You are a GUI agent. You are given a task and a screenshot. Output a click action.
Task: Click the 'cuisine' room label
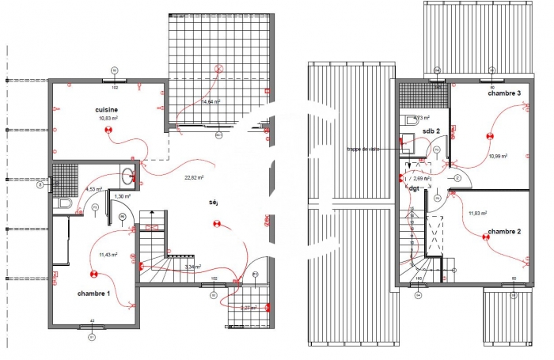[x=107, y=109]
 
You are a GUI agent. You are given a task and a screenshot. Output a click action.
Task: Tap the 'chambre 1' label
[x=93, y=293]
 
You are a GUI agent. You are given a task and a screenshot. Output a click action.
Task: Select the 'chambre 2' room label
[x=504, y=231]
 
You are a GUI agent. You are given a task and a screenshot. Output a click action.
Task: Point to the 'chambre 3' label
[x=504, y=93]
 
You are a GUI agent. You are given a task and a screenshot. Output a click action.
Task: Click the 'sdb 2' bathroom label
[x=431, y=131]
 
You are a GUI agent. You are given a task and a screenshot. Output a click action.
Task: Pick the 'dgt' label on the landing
[x=413, y=188]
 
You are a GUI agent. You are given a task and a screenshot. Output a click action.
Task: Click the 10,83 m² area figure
[x=108, y=119]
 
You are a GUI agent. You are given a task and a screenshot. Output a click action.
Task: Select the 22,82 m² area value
[x=194, y=177]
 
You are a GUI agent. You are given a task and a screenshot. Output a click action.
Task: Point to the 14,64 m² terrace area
[x=211, y=102]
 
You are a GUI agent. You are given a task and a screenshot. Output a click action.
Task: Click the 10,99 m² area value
[x=498, y=156]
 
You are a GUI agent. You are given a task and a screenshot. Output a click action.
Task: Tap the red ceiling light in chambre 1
[x=93, y=274]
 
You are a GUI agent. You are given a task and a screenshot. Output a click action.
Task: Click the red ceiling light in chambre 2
[x=484, y=236]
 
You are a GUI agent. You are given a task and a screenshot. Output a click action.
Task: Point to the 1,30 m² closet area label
[x=122, y=196]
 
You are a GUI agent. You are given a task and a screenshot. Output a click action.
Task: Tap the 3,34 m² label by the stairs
[x=192, y=267]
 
